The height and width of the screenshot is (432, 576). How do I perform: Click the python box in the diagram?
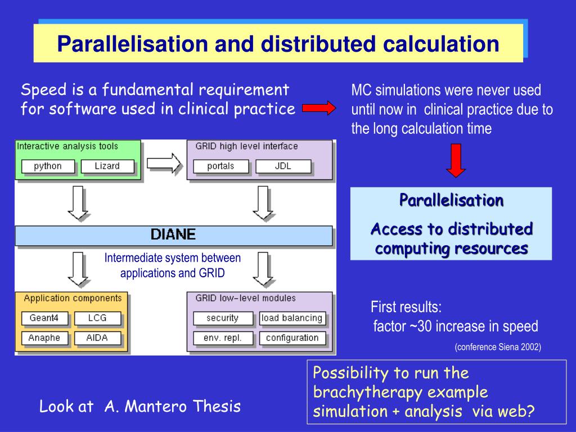pyautogui.click(x=47, y=166)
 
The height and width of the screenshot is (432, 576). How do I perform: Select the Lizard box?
pyautogui.click(x=107, y=166)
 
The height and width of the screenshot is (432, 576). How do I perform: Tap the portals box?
pyautogui.click(x=220, y=166)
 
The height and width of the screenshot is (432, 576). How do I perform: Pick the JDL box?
pyautogui.click(x=283, y=166)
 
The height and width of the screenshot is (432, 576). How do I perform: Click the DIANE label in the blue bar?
pyautogui.click(x=173, y=235)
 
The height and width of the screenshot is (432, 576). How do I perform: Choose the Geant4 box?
pyautogui.click(x=44, y=318)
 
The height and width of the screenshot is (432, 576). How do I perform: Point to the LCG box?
pyautogui.click(x=97, y=318)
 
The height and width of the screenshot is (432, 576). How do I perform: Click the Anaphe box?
pyautogui.click(x=44, y=338)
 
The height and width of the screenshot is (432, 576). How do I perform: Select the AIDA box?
pyautogui.click(x=97, y=338)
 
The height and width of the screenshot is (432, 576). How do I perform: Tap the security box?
pyautogui.click(x=222, y=318)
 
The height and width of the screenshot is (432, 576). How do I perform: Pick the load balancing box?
pyautogui.click(x=292, y=318)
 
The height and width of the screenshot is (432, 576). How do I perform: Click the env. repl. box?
pyautogui.click(x=222, y=338)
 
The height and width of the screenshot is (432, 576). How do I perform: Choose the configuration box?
pyautogui.click(x=292, y=338)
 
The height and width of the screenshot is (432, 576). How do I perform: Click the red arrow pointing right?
pyautogui.click(x=319, y=108)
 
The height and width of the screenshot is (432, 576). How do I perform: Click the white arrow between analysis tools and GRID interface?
pyautogui.click(x=164, y=164)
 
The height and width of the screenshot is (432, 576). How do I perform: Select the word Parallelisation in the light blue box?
pyautogui.click(x=451, y=200)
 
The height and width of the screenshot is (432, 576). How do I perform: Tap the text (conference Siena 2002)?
pyautogui.click(x=498, y=347)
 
